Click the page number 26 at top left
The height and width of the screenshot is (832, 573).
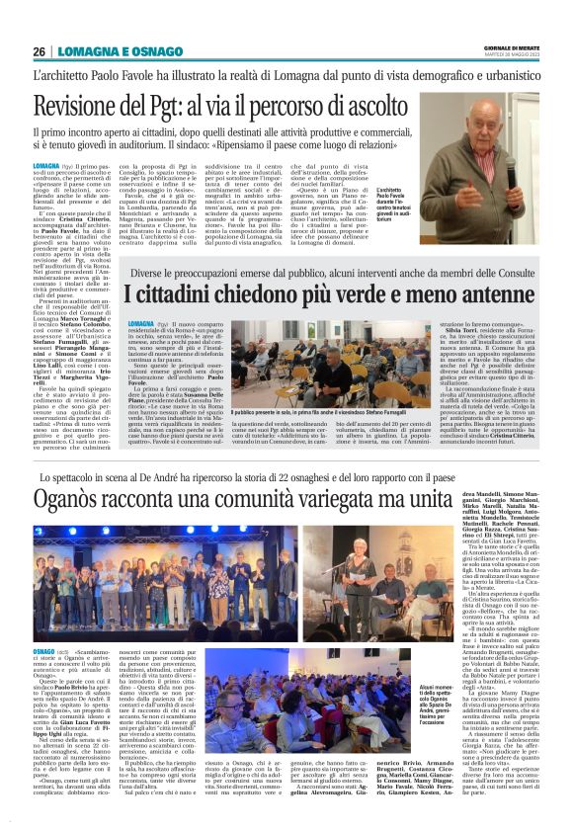(39, 50)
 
